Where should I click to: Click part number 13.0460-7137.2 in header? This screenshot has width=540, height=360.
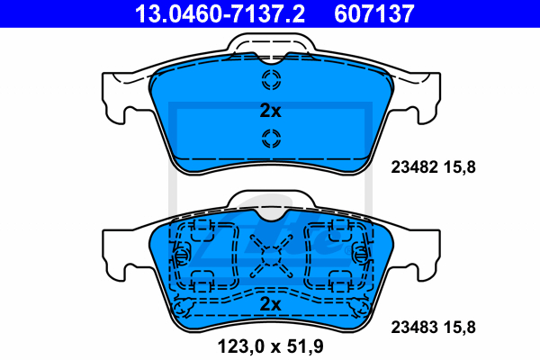coord(220,13)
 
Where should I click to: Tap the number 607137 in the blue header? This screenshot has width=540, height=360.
coord(374,13)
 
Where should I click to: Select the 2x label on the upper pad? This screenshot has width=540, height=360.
coord(270,111)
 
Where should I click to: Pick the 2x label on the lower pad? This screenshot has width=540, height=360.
coord(270,304)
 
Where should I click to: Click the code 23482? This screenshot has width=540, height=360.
coord(414,167)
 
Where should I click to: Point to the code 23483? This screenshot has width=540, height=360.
coord(414,328)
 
